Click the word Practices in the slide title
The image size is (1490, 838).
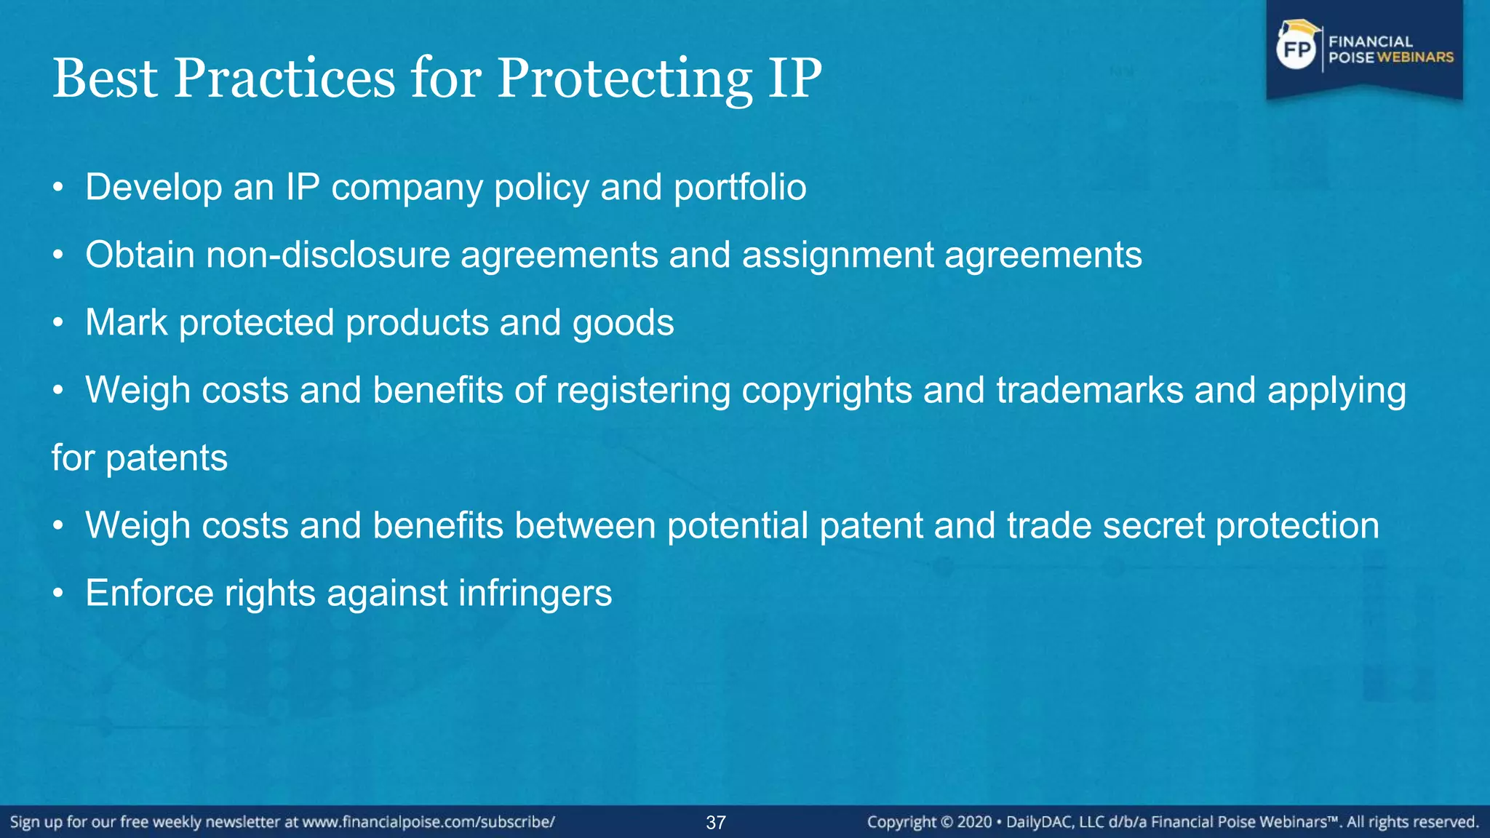point(284,78)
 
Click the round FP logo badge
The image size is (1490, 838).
point(1296,49)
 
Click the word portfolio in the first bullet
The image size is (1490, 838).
point(740,188)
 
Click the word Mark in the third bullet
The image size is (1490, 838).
point(126,322)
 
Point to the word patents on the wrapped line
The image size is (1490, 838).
point(167,459)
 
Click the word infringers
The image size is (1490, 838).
point(535,594)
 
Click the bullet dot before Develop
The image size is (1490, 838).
point(58,188)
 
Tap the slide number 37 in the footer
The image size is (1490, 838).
point(716,823)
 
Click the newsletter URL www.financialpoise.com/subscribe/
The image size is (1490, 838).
point(429,823)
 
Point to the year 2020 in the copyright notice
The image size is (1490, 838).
point(974,823)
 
